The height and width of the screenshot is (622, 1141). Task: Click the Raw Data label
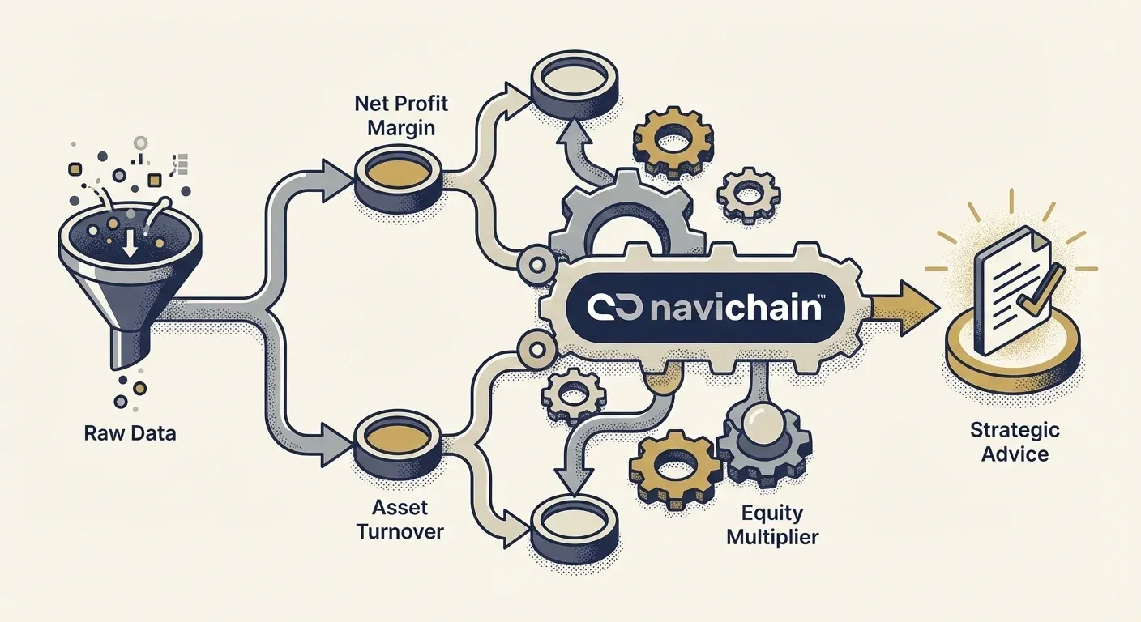(x=130, y=433)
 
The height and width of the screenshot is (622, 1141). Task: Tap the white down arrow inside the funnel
(x=127, y=243)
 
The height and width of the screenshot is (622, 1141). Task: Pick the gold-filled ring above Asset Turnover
(x=398, y=438)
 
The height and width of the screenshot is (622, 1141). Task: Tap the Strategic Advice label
(x=1015, y=441)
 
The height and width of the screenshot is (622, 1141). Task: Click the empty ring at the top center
(x=572, y=79)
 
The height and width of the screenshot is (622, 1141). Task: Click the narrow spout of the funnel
(x=128, y=352)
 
